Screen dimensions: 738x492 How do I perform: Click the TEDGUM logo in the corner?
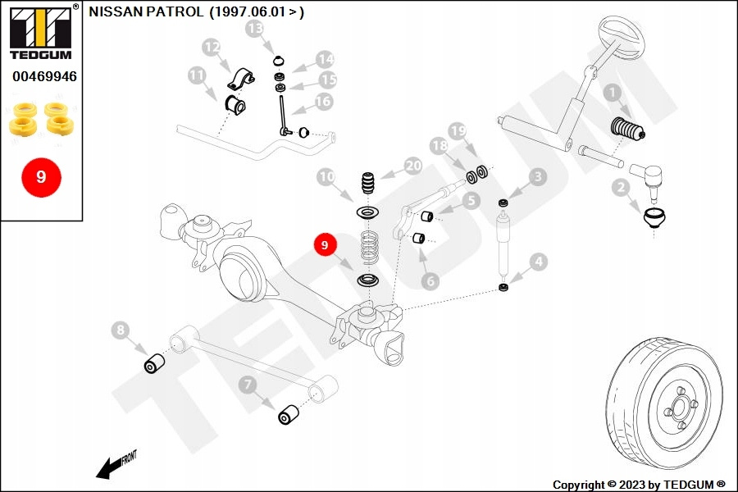[x=41, y=31]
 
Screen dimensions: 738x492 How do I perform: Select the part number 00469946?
[x=44, y=76]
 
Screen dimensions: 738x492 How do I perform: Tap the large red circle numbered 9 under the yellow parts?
[x=42, y=177]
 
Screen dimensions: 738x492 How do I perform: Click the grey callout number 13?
[x=255, y=28]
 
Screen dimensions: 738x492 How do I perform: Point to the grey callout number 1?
[x=612, y=93]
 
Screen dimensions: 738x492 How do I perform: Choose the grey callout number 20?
[x=412, y=166]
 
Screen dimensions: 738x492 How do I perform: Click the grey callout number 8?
[x=121, y=330]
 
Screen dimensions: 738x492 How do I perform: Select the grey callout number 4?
[x=538, y=262]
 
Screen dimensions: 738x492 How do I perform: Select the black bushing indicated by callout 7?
[x=288, y=414]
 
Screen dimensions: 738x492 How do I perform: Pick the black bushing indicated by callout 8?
[x=154, y=363]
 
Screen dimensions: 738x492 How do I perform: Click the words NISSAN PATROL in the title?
[x=147, y=11]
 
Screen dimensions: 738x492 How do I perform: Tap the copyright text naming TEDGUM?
[x=639, y=485]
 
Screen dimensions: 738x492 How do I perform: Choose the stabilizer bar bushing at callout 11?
[x=235, y=105]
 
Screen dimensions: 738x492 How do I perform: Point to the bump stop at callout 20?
[x=369, y=183]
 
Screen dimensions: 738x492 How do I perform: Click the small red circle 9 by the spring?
[x=324, y=245]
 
